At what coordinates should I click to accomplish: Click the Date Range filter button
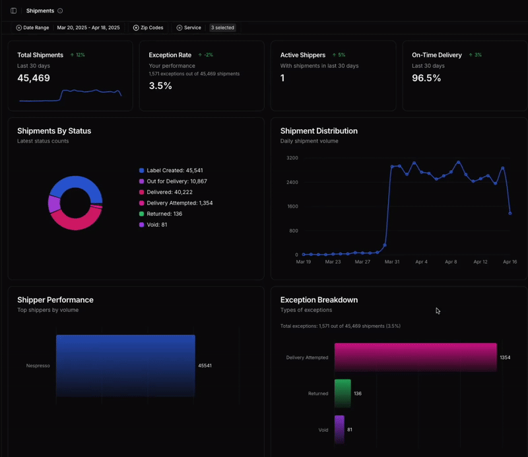pos(32,28)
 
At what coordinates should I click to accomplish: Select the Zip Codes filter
pos(148,28)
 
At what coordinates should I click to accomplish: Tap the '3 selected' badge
pos(222,28)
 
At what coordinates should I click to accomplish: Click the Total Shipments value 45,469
pos(34,78)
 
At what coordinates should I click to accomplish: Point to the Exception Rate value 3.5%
pos(160,86)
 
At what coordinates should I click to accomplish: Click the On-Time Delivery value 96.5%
pos(426,78)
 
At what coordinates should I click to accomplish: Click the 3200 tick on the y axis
pos(292,158)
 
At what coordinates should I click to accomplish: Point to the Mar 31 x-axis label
pos(392,262)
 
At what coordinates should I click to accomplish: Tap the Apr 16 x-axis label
pos(510,262)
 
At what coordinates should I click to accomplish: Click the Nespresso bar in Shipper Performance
pos(125,365)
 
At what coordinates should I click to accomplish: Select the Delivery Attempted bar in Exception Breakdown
pos(415,357)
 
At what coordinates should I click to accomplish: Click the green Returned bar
pos(343,393)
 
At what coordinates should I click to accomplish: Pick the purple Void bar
pos(339,429)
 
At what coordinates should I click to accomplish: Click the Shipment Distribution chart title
pos(319,131)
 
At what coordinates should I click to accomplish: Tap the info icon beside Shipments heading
pos(60,11)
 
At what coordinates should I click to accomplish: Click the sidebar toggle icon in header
pos(14,11)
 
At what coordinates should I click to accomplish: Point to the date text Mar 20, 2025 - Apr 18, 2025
pos(88,28)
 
